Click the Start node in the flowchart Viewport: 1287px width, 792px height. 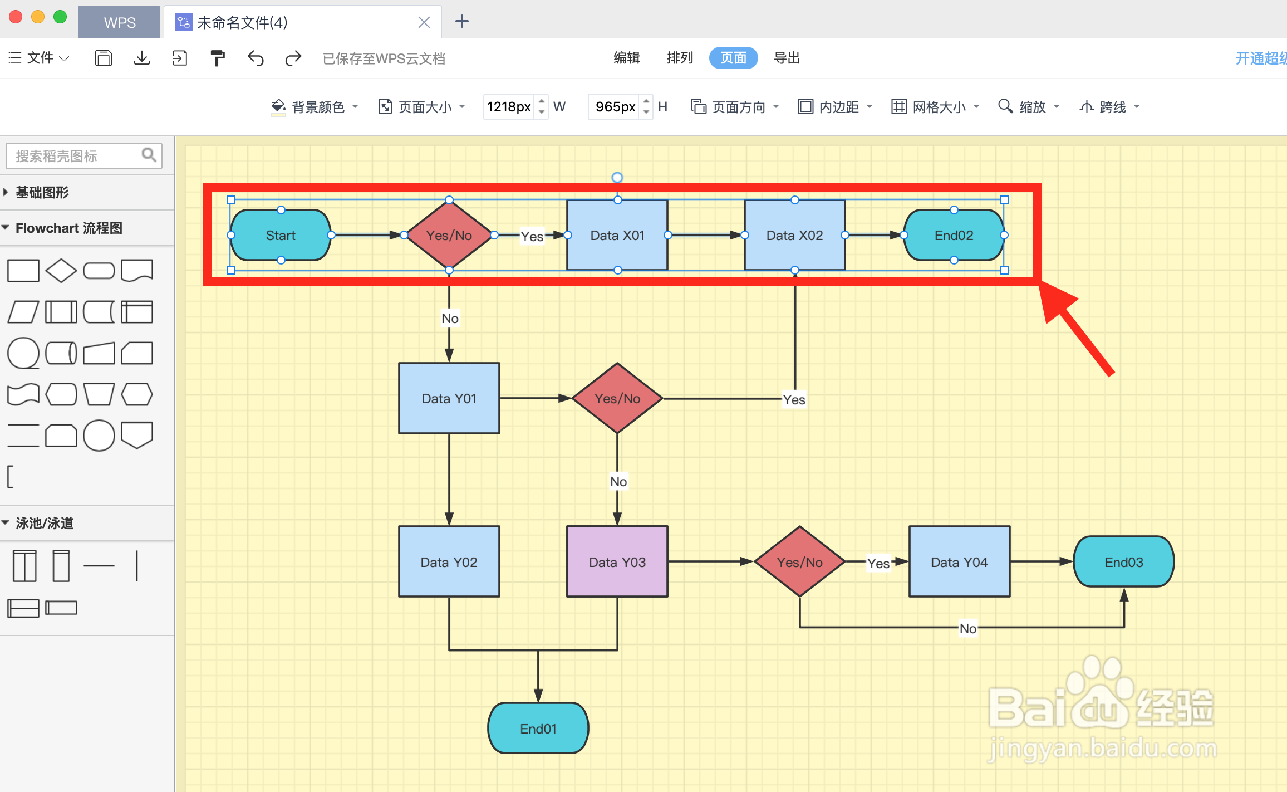[281, 235]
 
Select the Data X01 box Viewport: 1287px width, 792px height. [617, 235]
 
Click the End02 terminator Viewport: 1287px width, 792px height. [954, 235]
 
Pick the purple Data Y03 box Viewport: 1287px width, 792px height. [617, 562]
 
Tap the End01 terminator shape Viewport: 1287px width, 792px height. [538, 729]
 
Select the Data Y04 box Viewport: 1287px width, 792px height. [959, 562]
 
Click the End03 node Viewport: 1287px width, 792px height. [1123, 562]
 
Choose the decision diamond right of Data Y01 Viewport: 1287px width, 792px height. [617, 398]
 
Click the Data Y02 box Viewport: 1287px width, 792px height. [449, 562]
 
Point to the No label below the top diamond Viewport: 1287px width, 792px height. [450, 319]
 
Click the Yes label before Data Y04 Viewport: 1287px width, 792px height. [878, 563]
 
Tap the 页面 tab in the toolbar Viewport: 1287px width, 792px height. [733, 58]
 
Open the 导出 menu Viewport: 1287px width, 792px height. [787, 58]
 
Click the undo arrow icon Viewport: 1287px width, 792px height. [256, 58]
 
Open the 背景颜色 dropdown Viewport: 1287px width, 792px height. [315, 106]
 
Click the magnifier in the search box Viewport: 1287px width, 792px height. [149, 155]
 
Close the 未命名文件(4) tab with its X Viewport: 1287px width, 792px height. [424, 22]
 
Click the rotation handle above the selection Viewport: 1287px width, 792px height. [617, 178]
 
